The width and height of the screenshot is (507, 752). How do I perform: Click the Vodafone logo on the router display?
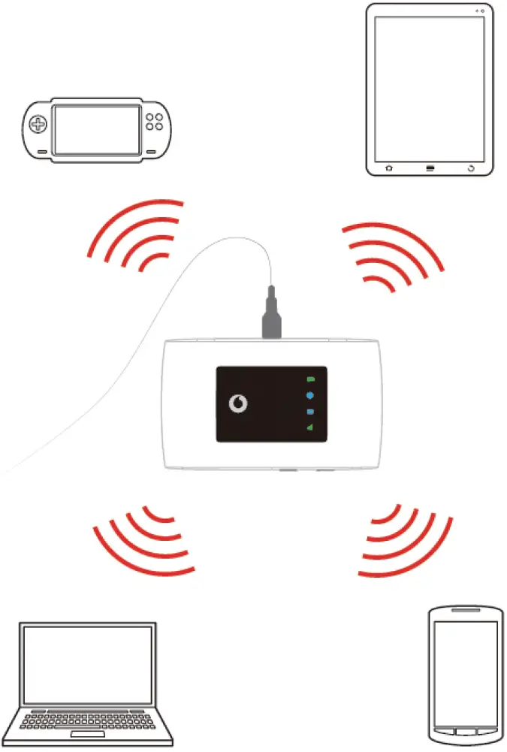coord(238,405)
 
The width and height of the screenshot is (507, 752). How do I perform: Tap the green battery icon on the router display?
coord(310,380)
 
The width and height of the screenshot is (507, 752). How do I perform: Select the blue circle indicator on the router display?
coord(310,396)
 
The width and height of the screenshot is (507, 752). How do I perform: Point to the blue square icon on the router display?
coord(310,412)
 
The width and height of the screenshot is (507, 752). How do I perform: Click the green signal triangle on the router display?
coord(309,428)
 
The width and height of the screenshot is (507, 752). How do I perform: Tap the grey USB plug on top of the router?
coord(271,319)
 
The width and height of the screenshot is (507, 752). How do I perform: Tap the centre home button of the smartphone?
coord(466,731)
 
